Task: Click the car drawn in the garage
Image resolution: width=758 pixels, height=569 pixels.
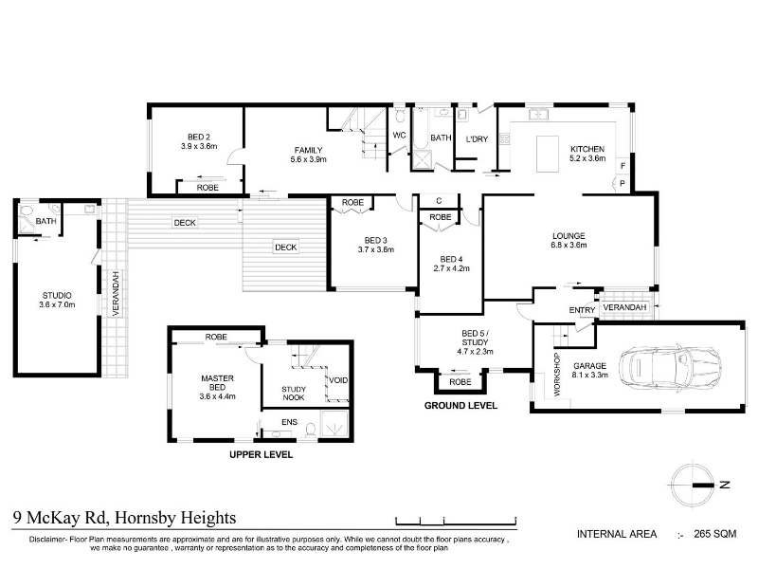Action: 671,366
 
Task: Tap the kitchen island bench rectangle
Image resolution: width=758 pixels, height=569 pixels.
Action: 548,154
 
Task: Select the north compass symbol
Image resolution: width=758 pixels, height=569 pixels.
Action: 693,485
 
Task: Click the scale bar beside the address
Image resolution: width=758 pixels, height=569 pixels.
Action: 456,522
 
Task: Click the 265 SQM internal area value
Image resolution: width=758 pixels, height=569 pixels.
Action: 715,534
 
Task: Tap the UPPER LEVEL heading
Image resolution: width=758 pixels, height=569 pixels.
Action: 262,455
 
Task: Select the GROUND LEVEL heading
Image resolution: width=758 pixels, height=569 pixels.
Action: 460,406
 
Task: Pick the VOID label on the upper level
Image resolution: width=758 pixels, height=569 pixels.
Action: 338,380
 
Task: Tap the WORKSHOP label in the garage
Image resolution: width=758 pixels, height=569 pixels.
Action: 556,375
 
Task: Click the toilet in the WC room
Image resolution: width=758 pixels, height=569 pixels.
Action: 399,116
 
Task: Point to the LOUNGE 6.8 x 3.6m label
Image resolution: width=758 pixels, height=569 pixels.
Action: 568,241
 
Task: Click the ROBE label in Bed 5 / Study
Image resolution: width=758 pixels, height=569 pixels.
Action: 460,382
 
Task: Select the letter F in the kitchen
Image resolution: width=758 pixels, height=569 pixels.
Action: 623,166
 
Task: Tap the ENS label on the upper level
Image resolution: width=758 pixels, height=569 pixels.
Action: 290,422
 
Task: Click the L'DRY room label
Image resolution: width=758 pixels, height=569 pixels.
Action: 477,139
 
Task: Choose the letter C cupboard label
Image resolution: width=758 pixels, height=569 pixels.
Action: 439,201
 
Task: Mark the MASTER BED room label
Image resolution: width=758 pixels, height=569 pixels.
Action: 218,388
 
